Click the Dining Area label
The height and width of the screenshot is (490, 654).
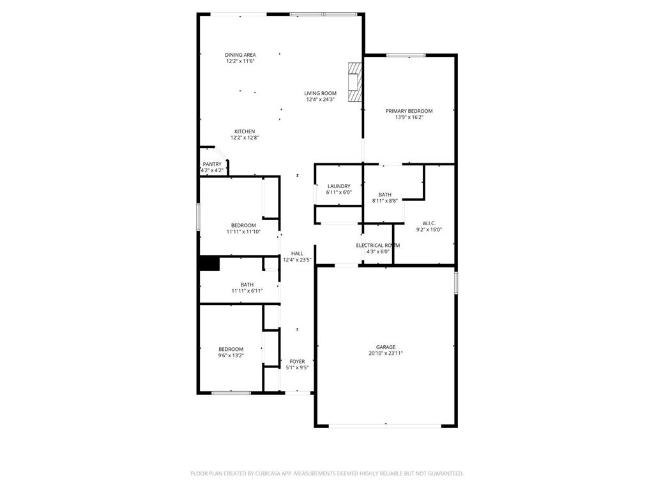pyautogui.click(x=240, y=55)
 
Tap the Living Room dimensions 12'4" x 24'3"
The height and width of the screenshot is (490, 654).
pyautogui.click(x=321, y=100)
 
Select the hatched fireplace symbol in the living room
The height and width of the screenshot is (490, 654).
pyautogui.click(x=354, y=82)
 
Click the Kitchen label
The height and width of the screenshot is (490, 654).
pyautogui.click(x=244, y=131)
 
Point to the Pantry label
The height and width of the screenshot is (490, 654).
pyautogui.click(x=212, y=164)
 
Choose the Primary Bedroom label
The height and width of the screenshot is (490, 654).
pyautogui.click(x=409, y=111)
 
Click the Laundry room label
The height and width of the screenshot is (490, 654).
pyautogui.click(x=338, y=186)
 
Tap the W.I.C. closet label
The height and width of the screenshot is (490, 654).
pyautogui.click(x=429, y=223)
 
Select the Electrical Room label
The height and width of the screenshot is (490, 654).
pyautogui.click(x=377, y=245)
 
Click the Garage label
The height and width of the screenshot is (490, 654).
pyautogui.click(x=385, y=347)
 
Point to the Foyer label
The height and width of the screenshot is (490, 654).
pyautogui.click(x=297, y=361)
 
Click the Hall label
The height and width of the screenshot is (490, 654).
pyautogui.click(x=297, y=253)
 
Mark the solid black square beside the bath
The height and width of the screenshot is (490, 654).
pyautogui.click(x=209, y=264)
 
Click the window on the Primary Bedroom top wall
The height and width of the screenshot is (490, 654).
pyautogui.click(x=406, y=56)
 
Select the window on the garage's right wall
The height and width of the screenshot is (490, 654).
pyautogui.click(x=455, y=283)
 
